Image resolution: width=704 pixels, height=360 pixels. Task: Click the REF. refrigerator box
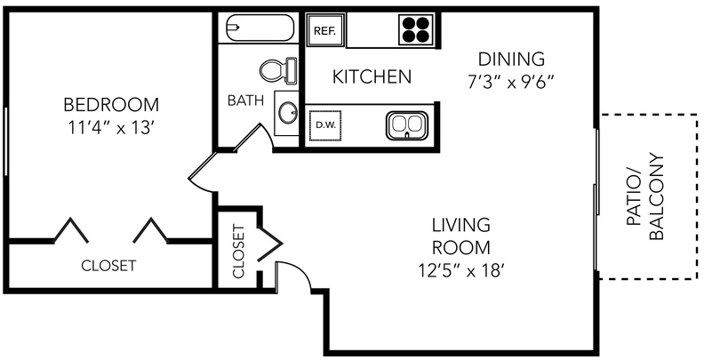(x=326, y=30)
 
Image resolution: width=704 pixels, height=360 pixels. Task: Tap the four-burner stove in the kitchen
(x=416, y=30)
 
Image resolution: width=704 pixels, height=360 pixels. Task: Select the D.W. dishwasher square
(x=325, y=125)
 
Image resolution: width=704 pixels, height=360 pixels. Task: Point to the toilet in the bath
(x=279, y=70)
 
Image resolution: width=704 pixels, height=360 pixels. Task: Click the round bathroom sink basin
(x=287, y=113)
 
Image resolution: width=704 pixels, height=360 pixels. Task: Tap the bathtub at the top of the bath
(x=260, y=28)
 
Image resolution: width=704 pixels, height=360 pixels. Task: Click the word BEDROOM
(x=111, y=105)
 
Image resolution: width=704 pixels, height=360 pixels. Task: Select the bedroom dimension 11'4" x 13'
(x=111, y=128)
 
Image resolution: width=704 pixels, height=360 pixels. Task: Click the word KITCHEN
(x=372, y=76)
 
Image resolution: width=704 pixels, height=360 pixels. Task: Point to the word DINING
(x=511, y=59)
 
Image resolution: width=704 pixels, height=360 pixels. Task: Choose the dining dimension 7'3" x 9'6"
(x=511, y=82)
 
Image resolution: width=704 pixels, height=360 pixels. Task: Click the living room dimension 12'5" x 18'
(x=460, y=270)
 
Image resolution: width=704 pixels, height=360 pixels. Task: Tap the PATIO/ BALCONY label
(x=644, y=197)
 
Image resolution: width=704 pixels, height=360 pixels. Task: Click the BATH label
(x=245, y=100)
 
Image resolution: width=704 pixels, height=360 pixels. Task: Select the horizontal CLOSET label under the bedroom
(x=108, y=266)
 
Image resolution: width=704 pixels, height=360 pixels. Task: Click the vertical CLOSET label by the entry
(x=238, y=252)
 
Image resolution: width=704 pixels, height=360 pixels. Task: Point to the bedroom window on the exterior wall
(x=5, y=141)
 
